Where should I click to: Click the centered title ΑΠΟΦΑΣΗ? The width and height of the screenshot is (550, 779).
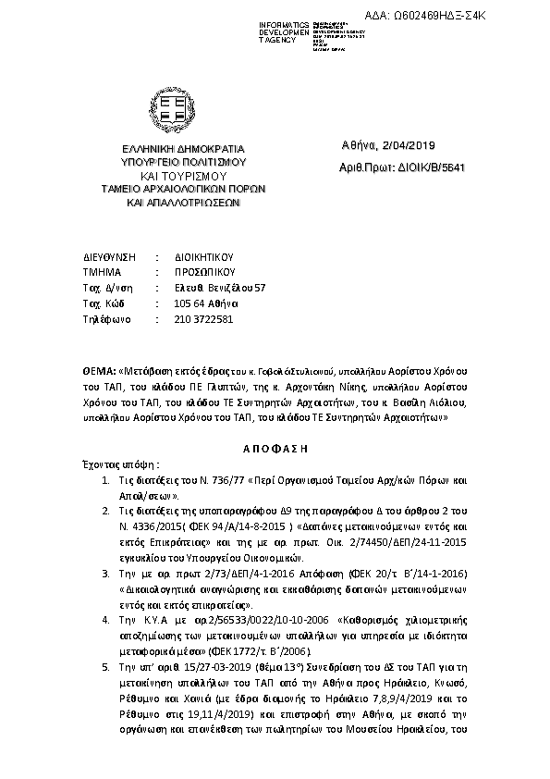(x=275, y=446)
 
